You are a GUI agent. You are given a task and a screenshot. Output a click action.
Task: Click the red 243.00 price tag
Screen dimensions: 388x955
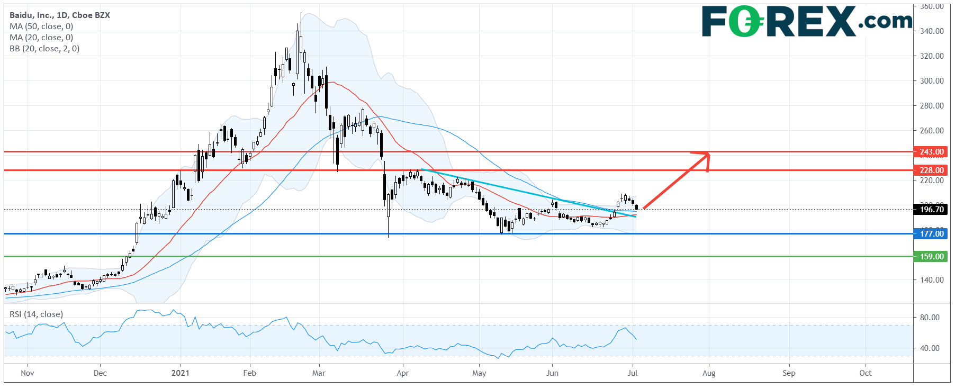coord(931,152)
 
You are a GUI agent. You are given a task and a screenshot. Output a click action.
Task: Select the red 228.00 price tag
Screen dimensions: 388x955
coord(931,170)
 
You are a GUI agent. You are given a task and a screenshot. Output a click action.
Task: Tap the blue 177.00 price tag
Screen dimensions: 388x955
coord(931,234)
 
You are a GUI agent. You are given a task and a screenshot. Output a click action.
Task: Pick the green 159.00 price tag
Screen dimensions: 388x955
coord(931,257)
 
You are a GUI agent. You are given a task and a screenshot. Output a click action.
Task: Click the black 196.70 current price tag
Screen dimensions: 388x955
coord(931,210)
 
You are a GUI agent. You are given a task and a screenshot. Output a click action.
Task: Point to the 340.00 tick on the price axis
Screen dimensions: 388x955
coord(932,31)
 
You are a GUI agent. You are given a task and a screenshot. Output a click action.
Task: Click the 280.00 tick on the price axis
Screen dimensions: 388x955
coord(932,106)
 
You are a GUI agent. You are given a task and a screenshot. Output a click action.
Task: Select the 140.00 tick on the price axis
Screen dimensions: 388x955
coord(932,280)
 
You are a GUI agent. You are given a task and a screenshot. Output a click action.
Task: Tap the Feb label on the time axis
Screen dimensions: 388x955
coord(249,373)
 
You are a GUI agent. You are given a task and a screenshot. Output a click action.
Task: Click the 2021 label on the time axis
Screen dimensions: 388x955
coord(181,373)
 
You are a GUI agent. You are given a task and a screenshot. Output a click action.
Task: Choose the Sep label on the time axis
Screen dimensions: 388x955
coord(789,373)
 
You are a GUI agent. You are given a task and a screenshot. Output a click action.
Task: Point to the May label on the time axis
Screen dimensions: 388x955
coord(479,373)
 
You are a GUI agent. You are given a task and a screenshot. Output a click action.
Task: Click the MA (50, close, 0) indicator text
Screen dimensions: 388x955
coord(41,26)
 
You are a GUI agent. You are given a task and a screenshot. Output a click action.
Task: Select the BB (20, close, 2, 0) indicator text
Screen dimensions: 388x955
coord(44,49)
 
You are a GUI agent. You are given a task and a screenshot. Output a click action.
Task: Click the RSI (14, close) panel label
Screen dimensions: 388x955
coord(36,314)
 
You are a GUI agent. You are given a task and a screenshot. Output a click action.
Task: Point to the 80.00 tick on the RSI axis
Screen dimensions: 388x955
coord(930,318)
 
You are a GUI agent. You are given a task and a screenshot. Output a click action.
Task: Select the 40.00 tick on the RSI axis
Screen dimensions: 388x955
coord(930,348)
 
